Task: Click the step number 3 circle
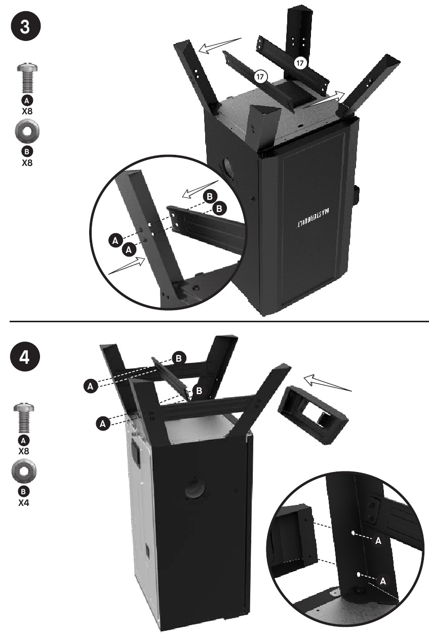[25, 28]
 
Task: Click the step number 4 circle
[25, 358]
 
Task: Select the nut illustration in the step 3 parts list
[27, 132]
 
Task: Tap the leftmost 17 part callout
[260, 76]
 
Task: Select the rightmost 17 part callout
[299, 63]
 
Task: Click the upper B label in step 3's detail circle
[210, 197]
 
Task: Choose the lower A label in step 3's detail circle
[129, 249]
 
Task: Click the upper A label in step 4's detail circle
[378, 541]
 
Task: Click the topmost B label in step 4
[178, 358]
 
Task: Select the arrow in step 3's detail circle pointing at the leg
[127, 266]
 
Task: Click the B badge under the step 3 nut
[27, 151]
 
